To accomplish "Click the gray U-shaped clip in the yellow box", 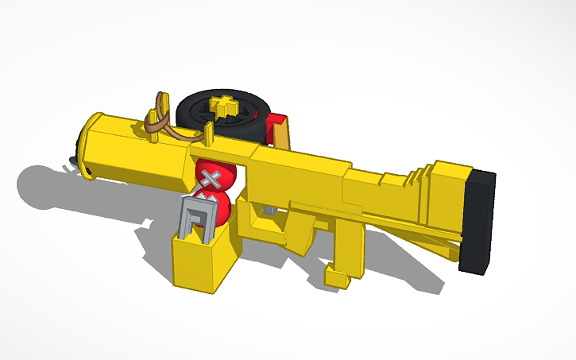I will pos(195,219).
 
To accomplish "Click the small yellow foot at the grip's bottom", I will pos(338,276).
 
